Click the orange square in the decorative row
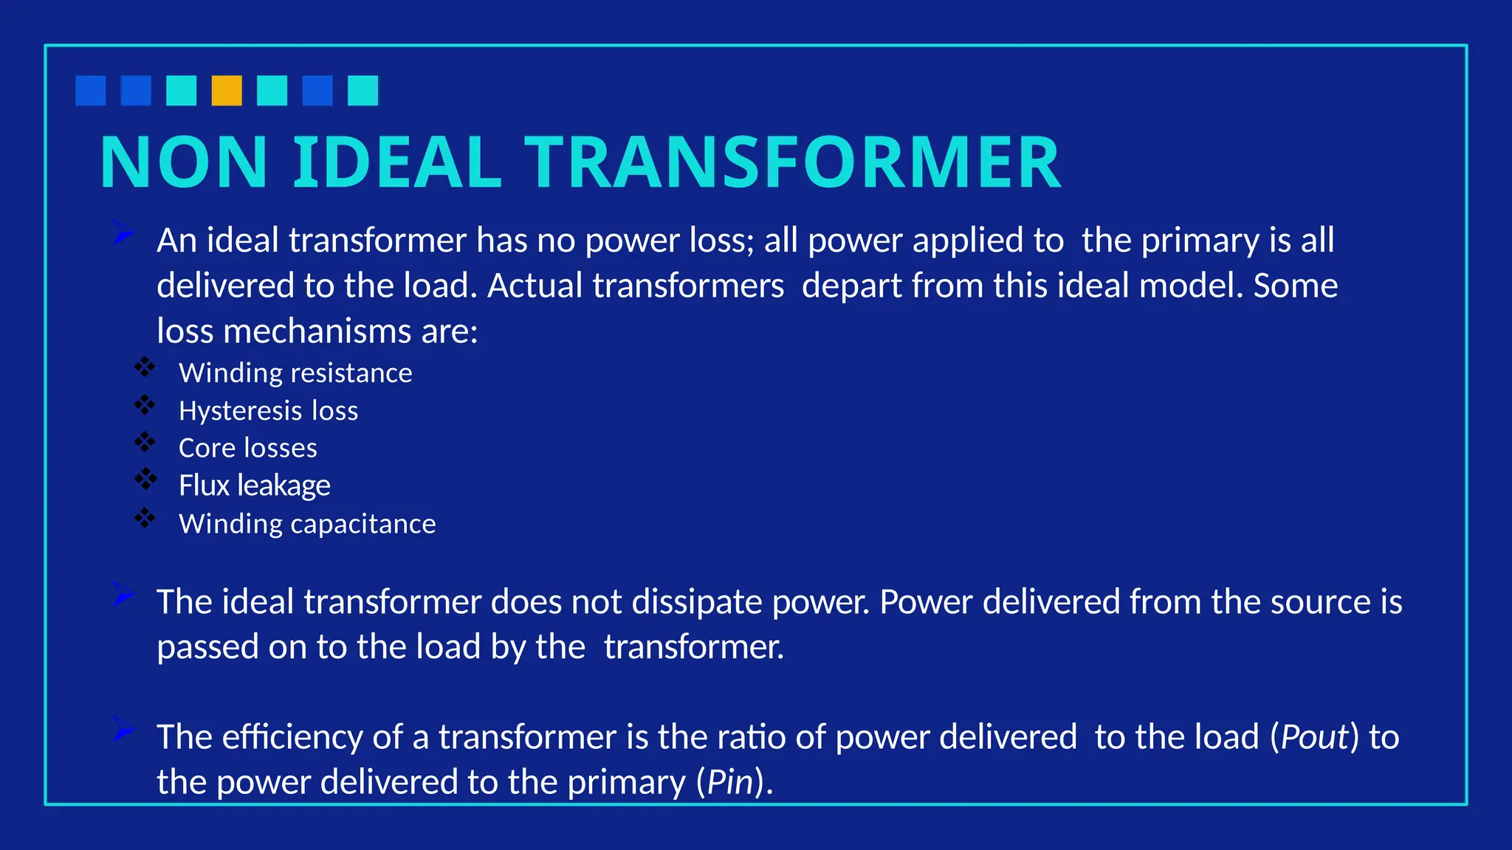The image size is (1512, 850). [227, 91]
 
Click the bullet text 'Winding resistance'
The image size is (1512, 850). [295, 373]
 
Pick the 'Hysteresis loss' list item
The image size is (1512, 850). [268, 411]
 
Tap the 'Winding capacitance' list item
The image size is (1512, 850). [307, 524]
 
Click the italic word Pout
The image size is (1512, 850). [1314, 737]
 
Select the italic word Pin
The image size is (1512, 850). [730, 782]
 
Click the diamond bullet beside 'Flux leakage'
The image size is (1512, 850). [145, 480]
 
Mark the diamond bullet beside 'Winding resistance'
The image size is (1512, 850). [145, 367]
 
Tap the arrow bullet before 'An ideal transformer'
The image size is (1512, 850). [123, 233]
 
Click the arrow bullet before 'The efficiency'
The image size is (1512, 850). [123, 730]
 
